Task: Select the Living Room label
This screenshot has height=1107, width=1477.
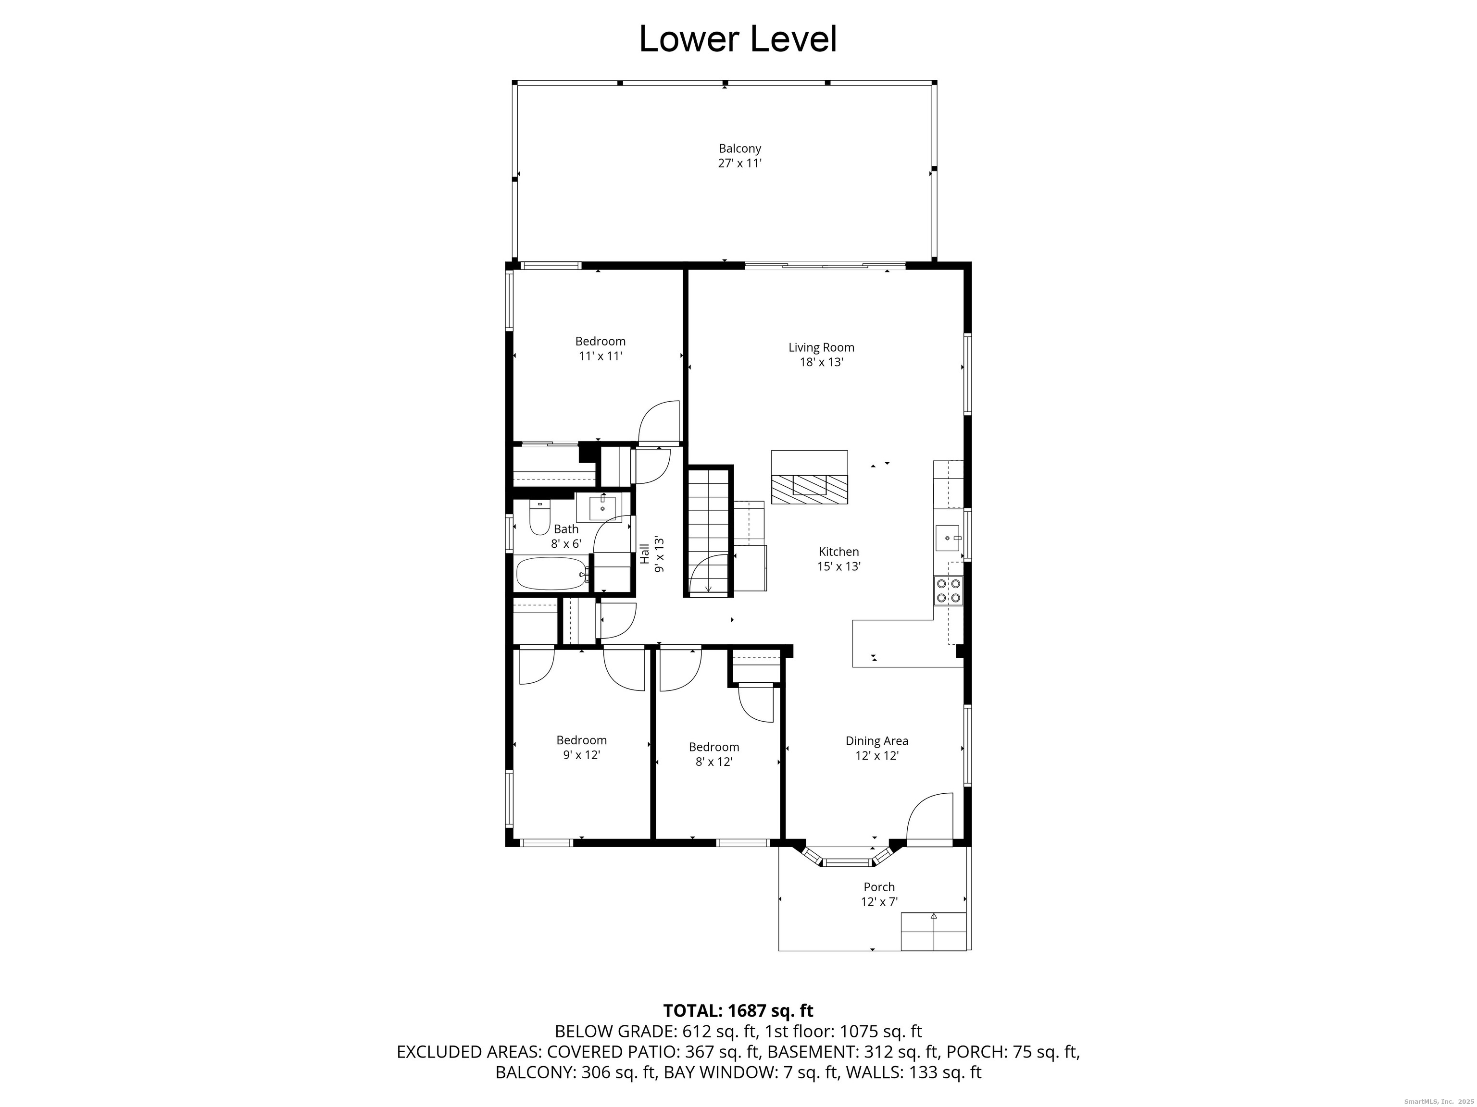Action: click(821, 347)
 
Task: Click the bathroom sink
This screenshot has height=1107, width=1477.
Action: click(602, 508)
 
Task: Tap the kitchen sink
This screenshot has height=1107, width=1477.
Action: click(948, 538)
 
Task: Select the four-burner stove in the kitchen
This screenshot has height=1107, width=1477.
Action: click(948, 591)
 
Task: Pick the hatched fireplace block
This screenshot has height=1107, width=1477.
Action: click(809, 489)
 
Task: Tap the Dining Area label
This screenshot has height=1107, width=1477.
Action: click(876, 741)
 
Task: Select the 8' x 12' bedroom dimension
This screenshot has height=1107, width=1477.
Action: click(714, 762)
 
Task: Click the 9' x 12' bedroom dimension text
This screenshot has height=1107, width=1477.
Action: click(582, 755)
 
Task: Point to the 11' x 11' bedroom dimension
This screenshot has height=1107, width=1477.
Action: click(601, 356)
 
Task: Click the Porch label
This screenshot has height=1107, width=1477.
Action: click(879, 887)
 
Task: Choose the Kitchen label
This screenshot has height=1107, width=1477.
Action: click(839, 551)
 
